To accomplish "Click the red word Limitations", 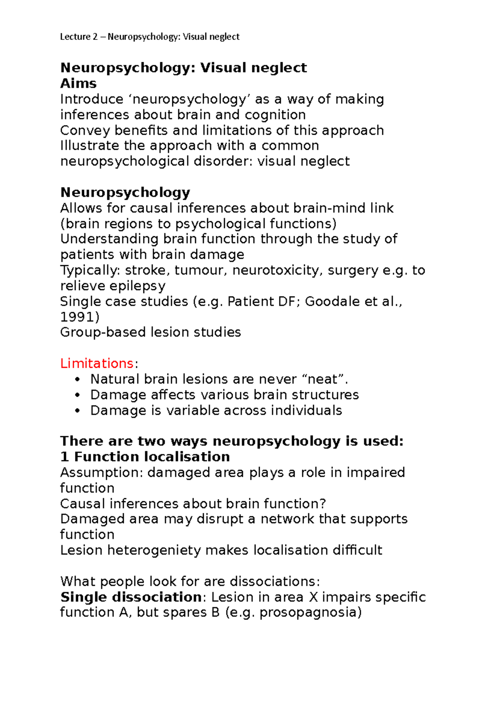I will pos(97,363).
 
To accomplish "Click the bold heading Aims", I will pos(78,83).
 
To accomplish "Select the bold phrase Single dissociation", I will pos(131,597).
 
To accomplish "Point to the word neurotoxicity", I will pos(275,270).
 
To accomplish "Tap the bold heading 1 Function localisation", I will pos(145,457).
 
